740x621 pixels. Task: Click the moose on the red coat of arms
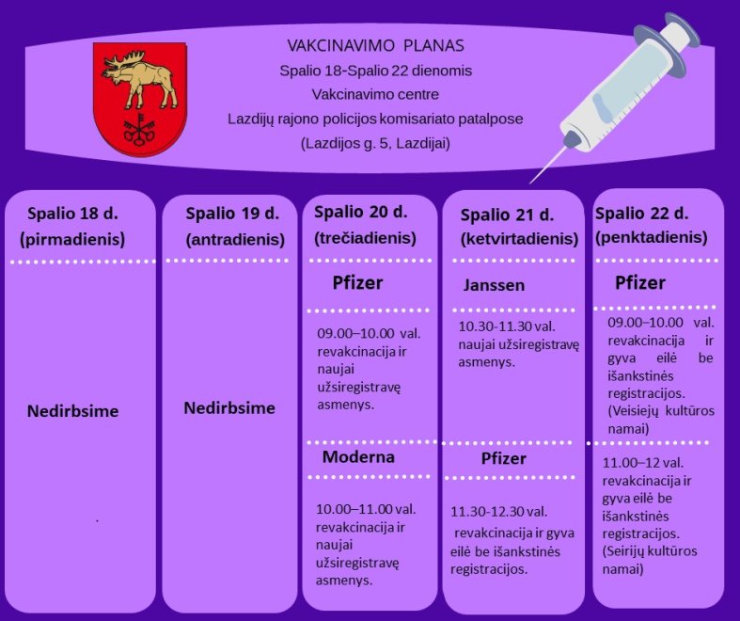[x=139, y=79]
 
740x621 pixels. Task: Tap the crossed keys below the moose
[x=139, y=130]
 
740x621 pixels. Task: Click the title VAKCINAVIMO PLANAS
[x=376, y=45]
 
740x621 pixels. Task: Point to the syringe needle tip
[x=531, y=182]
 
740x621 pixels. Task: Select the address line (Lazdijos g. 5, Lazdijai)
[x=376, y=143]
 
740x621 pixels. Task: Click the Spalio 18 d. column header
[x=72, y=214]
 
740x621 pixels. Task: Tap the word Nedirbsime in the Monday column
[x=72, y=411]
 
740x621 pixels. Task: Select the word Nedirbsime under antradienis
[x=229, y=408]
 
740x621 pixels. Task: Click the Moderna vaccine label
[x=358, y=456]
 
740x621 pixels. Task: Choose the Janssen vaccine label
[x=494, y=285]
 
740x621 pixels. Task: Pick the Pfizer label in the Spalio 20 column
[x=357, y=282]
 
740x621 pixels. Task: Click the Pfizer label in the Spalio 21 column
[x=503, y=458]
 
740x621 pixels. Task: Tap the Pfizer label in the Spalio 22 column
[x=640, y=282]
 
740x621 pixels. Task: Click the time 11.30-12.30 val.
[x=499, y=512]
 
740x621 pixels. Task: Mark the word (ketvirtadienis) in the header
[x=519, y=239]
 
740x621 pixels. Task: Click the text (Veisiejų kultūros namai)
[x=661, y=420]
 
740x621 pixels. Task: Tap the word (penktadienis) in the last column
[x=652, y=237]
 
